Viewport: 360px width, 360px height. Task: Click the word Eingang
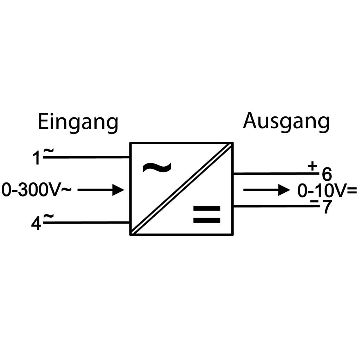pos(78,123)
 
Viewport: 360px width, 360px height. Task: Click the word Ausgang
pos(286,122)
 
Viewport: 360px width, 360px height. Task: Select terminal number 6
pos(327,174)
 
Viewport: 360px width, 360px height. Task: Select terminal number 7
pos(327,207)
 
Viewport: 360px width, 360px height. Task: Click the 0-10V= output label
pos(327,191)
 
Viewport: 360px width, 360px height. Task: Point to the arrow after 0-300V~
pos(101,190)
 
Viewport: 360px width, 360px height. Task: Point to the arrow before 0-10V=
pos(266,190)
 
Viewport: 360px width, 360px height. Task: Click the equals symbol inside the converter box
pos(207,214)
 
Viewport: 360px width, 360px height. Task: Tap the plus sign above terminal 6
pos(313,166)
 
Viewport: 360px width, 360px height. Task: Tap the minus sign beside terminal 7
pos(314,201)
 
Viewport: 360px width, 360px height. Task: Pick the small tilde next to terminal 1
pos(49,150)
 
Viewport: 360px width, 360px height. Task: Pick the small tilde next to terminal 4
pos(49,216)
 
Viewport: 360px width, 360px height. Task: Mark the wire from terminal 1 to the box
pos(87,157)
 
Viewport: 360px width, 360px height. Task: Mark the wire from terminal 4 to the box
pos(87,223)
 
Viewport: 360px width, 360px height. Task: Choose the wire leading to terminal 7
pos(276,206)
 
